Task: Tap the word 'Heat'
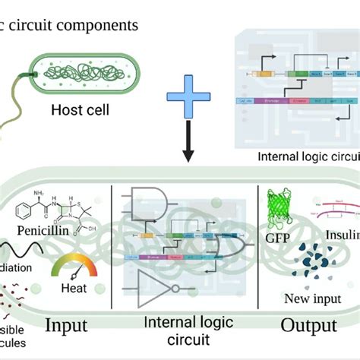tap(75, 289)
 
